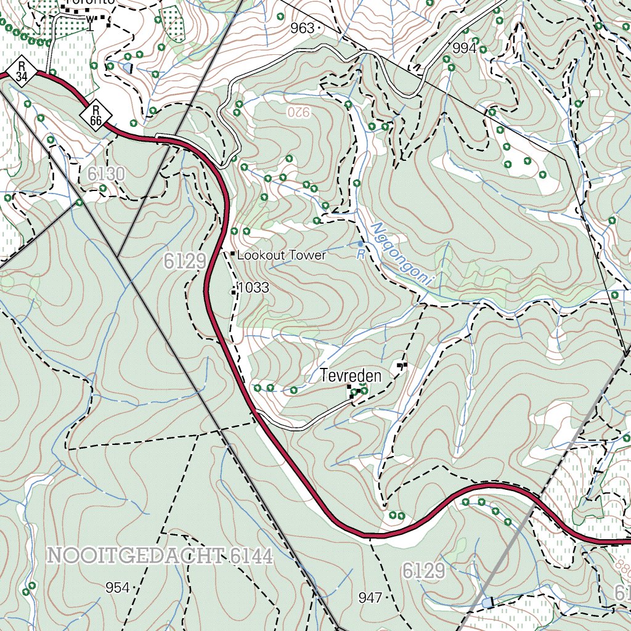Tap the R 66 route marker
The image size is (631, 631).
tap(96, 114)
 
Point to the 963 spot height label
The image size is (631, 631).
tap(302, 28)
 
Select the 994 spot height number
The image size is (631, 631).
tap(464, 48)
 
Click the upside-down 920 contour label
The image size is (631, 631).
tap(297, 112)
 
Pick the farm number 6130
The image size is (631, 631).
tap(105, 174)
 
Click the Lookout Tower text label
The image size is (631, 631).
tap(282, 255)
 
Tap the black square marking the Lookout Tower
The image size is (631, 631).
tap(232, 254)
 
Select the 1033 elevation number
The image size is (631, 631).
tap(253, 287)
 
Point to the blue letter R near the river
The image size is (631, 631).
tap(360, 253)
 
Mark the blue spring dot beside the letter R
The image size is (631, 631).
tap(360, 245)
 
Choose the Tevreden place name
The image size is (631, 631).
tap(351, 375)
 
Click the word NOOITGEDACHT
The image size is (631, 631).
tap(135, 556)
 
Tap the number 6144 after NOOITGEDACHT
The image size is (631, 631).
tap(250, 556)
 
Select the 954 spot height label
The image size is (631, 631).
tap(117, 588)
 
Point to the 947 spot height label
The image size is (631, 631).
tap(370, 597)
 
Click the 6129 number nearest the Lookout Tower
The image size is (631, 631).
tap(185, 261)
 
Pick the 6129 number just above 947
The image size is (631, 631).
tap(423, 571)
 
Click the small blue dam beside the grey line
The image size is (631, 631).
tap(488, 602)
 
